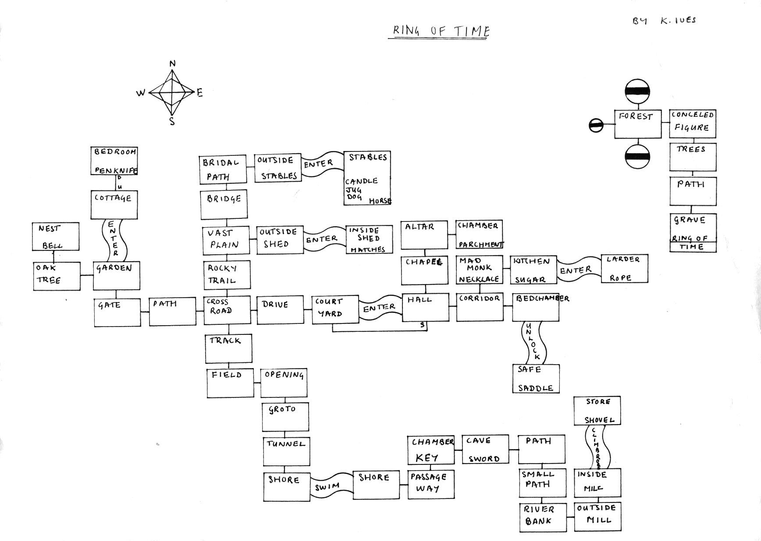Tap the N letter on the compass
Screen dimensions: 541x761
click(x=172, y=64)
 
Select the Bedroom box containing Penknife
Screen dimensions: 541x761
click(x=114, y=161)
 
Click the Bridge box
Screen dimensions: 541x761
click(x=224, y=204)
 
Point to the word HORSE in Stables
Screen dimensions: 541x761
click(x=380, y=201)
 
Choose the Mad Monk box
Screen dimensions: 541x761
click(x=479, y=269)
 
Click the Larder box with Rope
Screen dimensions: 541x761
click(x=624, y=268)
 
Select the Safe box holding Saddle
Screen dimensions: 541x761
click(x=536, y=379)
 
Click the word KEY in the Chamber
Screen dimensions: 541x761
click(x=427, y=458)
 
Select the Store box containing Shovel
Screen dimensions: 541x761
click(x=597, y=411)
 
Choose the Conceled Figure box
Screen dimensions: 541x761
click(x=692, y=123)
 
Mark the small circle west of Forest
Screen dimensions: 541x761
click(x=596, y=125)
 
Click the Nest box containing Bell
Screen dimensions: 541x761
click(x=56, y=236)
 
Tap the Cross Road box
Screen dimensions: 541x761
click(x=227, y=310)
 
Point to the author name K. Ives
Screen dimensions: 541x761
click(x=678, y=21)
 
